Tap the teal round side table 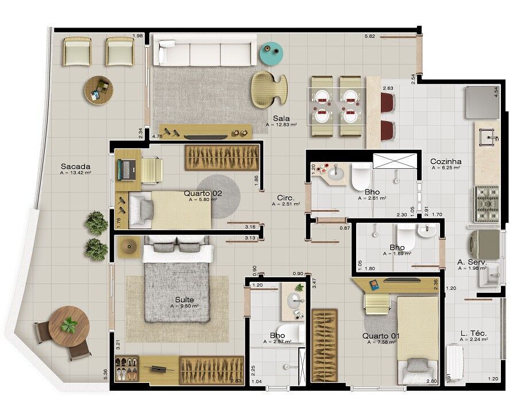pos(272,53)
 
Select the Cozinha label pos(446,162)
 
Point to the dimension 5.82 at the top pos(370,37)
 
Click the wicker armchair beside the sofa pos(268,88)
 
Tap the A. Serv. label pos(472,262)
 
